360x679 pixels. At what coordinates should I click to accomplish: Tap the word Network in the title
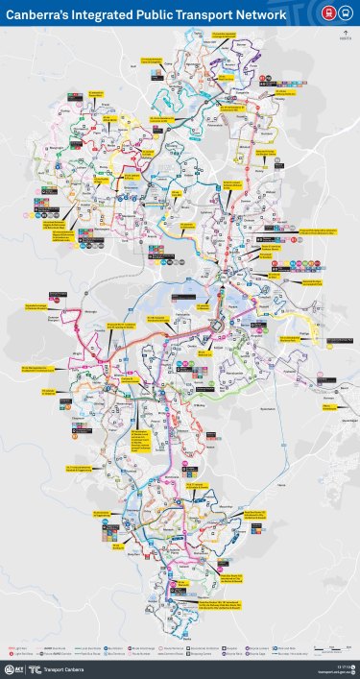pos(260,15)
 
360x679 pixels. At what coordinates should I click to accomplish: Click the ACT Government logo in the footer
pos(14,667)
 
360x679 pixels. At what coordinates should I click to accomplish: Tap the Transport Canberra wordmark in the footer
pos(59,667)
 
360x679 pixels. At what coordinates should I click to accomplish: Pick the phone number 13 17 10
pos(343,664)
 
